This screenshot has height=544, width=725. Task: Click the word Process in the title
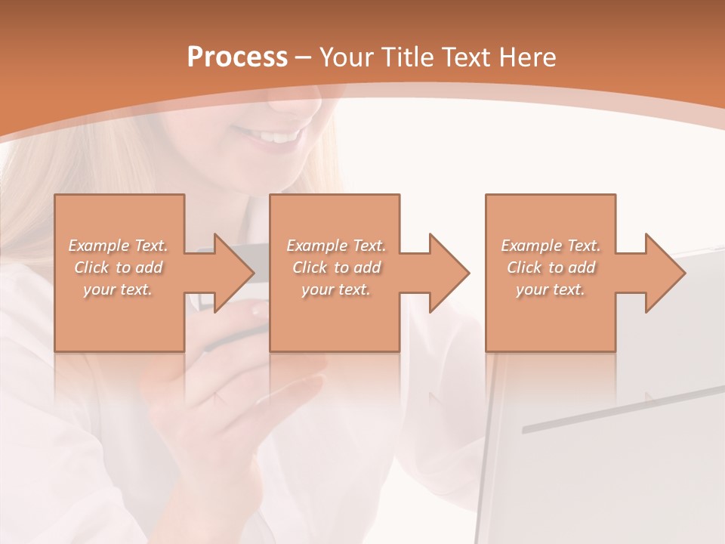[237, 57]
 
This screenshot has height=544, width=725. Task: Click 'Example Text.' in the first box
[119, 246]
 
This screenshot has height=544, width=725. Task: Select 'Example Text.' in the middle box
[336, 246]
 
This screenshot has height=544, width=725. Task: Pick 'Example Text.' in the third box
[551, 246]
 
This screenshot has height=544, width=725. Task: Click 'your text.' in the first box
[119, 289]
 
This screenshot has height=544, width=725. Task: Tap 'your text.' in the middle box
[336, 289]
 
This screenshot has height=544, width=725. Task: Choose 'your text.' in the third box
[551, 289]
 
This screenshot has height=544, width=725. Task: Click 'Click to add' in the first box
[119, 267]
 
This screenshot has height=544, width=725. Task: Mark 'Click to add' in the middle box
[336, 267]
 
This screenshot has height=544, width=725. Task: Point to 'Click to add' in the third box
[551, 267]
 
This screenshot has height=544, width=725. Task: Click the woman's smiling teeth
[276, 137]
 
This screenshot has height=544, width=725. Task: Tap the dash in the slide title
[303, 57]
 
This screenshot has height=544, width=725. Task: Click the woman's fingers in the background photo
[287, 393]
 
